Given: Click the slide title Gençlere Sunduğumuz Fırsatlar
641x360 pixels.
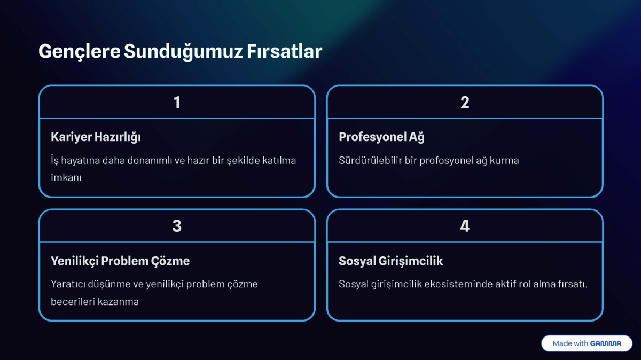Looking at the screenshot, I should tap(180, 51).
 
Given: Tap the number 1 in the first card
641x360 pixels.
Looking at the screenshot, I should tap(177, 102).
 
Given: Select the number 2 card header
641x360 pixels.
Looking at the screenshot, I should tap(465, 102).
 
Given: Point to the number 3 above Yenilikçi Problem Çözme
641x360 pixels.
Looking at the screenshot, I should tap(177, 226).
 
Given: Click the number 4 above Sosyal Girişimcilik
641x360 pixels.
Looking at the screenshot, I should tap(465, 226).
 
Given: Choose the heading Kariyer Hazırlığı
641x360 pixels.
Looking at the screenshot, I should tap(96, 137).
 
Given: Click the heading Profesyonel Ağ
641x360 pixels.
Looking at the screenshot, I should tap(381, 137).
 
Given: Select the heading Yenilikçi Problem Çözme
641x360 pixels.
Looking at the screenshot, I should tap(120, 261).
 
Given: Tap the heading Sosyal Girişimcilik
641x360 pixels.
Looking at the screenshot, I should tap(390, 261).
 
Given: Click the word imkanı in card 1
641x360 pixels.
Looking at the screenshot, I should tap(66, 178).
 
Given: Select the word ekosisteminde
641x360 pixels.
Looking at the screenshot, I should tap(453, 284).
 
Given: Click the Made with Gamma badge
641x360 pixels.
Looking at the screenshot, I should tap(587, 343).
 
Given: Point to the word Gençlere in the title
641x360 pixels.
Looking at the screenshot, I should tap(79, 51).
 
